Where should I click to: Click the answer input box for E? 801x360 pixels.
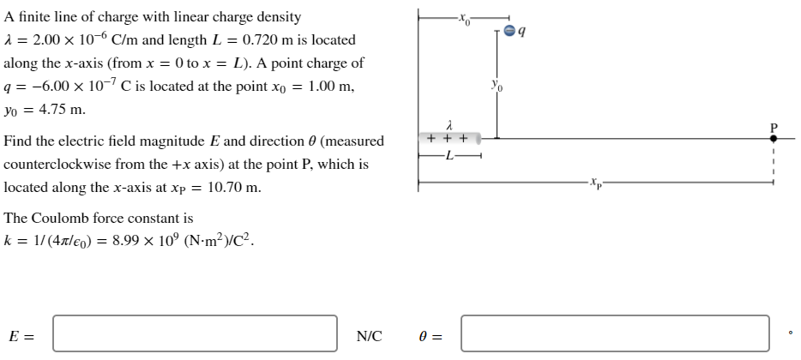(x=195, y=333)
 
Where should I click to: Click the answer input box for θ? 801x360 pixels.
(x=614, y=333)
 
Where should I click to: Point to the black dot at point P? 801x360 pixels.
(x=773, y=137)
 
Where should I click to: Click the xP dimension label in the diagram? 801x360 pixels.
(x=596, y=183)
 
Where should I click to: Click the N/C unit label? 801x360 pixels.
(x=370, y=334)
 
